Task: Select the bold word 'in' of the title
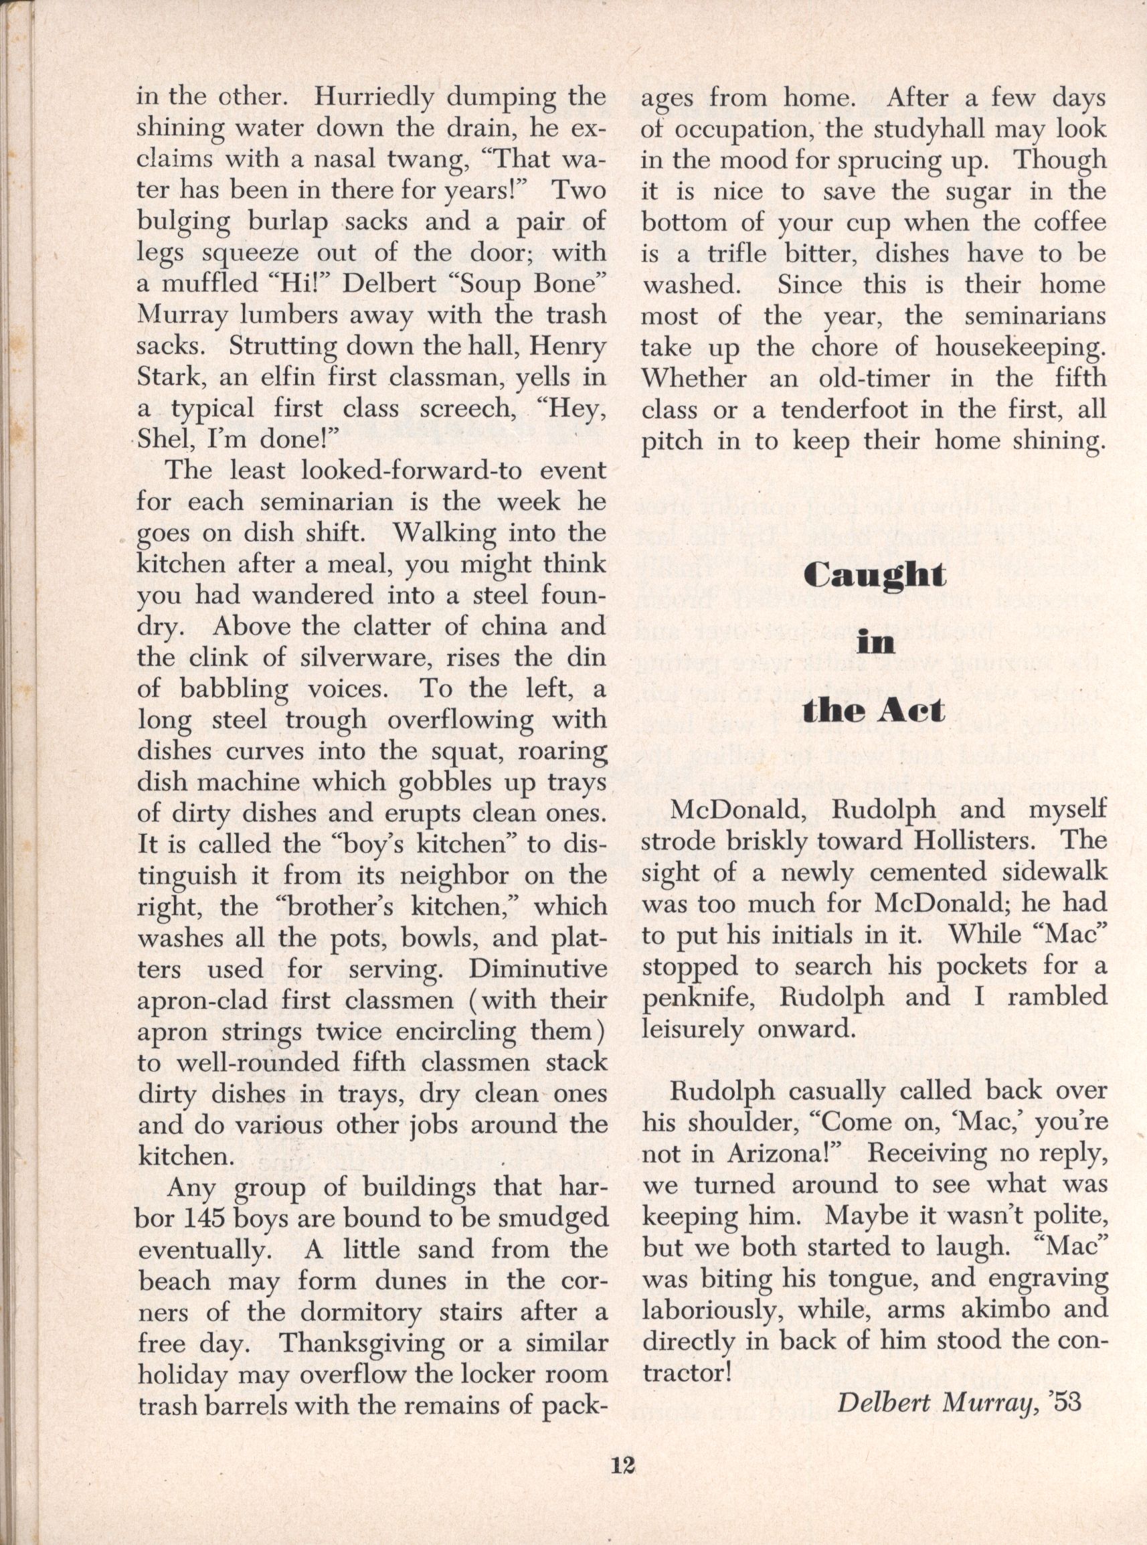click(x=873, y=643)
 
